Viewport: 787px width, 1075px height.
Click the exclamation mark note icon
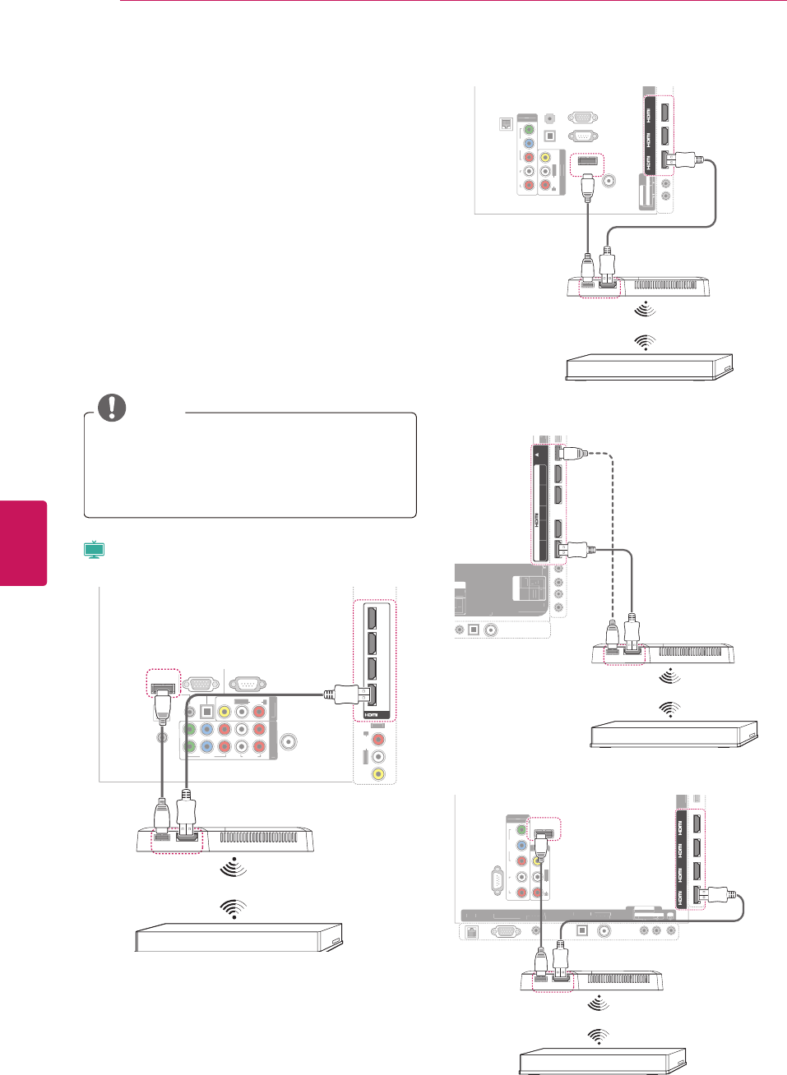[112, 408]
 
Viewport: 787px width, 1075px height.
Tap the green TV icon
[95, 550]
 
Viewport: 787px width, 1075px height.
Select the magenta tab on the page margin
[23, 542]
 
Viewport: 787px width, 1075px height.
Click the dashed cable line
[613, 534]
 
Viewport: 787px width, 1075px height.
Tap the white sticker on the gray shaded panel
[528, 589]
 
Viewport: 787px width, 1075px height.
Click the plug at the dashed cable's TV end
[569, 452]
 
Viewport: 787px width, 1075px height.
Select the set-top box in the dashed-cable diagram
[674, 733]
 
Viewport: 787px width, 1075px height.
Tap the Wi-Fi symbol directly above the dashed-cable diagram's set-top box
[670, 708]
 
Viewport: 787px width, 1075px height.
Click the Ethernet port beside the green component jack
[507, 125]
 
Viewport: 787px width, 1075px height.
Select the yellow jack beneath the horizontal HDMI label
[378, 773]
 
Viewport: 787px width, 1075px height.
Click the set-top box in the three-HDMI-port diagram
[648, 367]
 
